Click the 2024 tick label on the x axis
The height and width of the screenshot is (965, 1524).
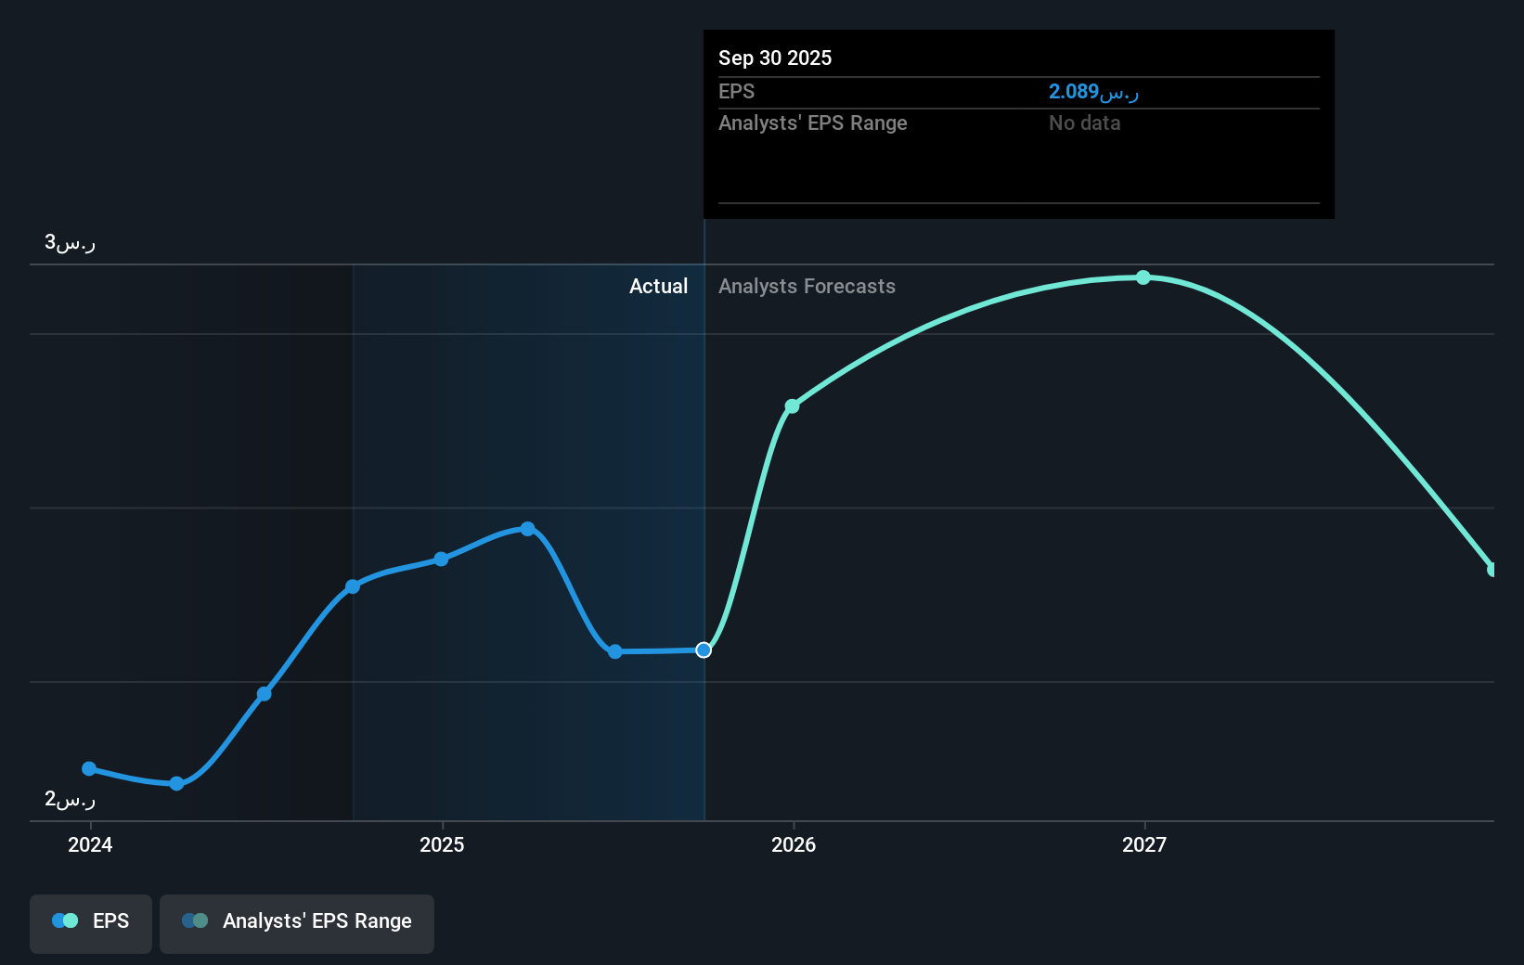[90, 844]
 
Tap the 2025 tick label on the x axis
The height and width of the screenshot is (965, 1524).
[442, 844]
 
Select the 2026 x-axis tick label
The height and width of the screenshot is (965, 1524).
[794, 844]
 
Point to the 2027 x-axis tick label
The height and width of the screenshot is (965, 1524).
[1144, 844]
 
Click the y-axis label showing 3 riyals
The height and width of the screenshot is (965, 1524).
[70, 242]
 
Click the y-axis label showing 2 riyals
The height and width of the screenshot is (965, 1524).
[70, 799]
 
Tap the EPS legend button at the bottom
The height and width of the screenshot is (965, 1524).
[91, 920]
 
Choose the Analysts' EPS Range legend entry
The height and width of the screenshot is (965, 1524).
[297, 920]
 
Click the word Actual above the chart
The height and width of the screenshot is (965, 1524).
[658, 286]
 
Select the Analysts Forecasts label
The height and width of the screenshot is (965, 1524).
[807, 286]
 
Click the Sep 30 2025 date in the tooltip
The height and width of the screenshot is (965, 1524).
[775, 58]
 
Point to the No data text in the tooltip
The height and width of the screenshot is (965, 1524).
[1084, 122]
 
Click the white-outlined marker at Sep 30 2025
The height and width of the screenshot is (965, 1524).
[704, 650]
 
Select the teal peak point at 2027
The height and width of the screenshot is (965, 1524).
[1143, 277]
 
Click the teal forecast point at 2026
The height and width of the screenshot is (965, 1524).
[792, 406]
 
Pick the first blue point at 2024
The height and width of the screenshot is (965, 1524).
[89, 768]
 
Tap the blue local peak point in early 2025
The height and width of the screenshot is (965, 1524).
[527, 529]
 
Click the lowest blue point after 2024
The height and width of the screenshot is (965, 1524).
[176, 783]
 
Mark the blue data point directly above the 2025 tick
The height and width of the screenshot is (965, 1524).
[441, 559]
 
